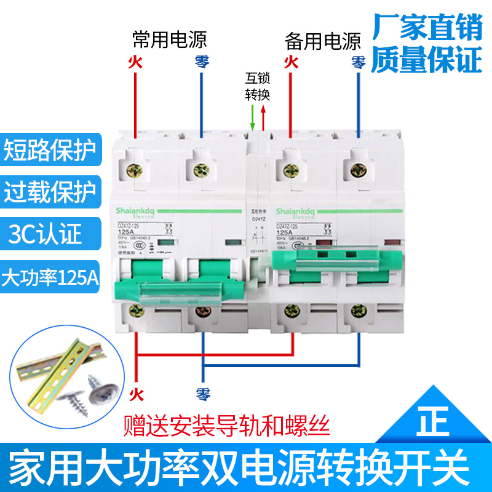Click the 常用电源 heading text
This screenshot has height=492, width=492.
tap(170, 41)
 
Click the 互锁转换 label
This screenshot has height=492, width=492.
tap(258, 87)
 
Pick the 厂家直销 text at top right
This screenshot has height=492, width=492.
tap(427, 27)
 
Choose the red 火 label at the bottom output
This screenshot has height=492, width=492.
tap(135, 391)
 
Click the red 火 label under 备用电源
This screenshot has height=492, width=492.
tap(291, 61)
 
